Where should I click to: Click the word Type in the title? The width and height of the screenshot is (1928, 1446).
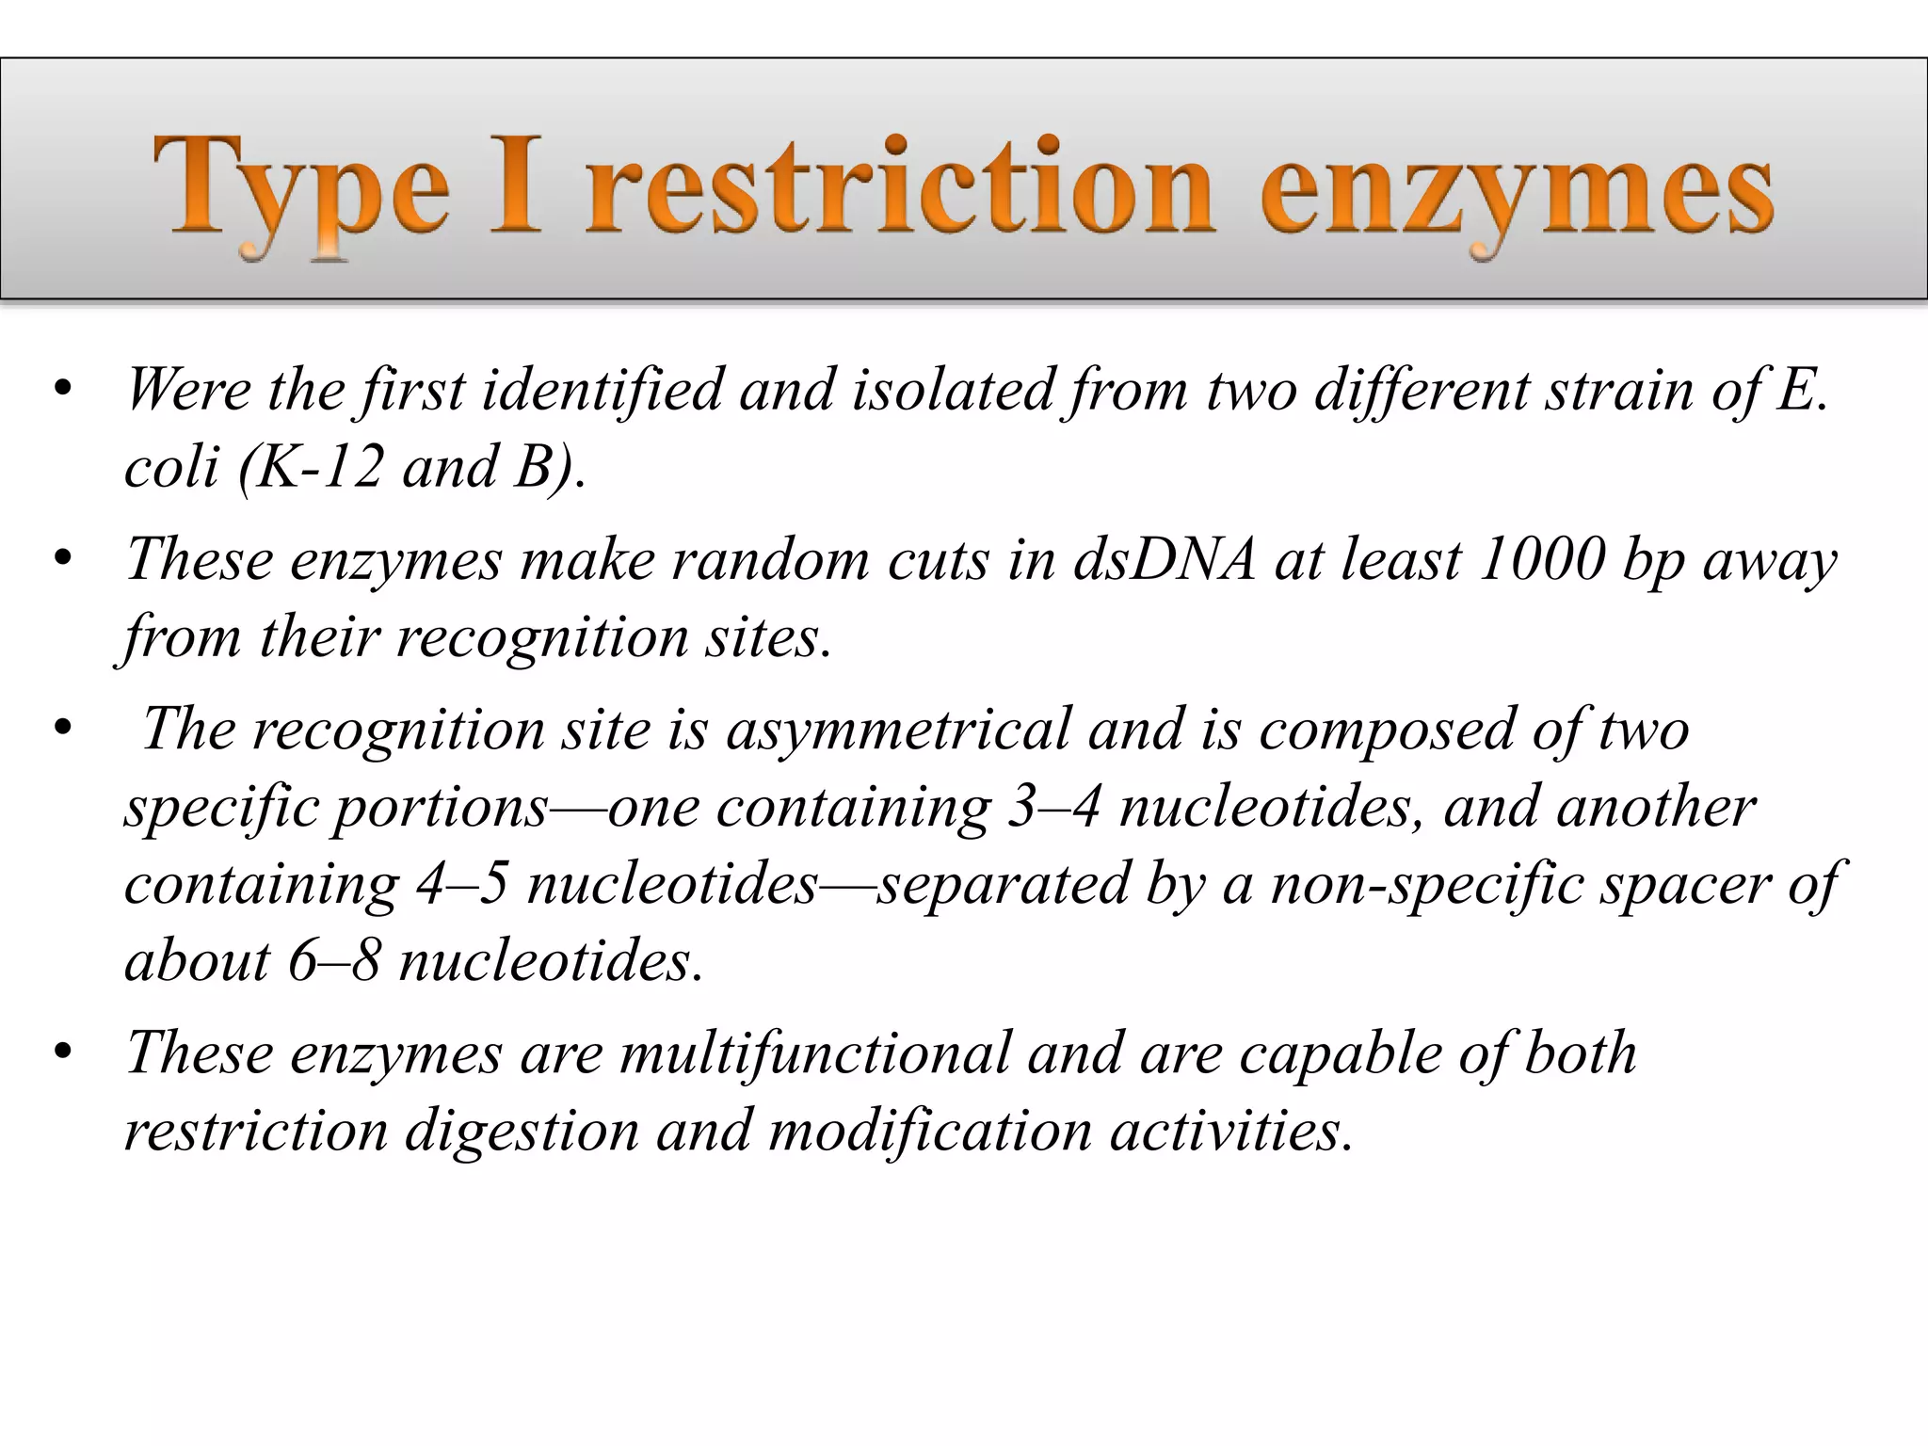301,188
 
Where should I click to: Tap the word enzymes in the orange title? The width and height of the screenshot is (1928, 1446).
1517,188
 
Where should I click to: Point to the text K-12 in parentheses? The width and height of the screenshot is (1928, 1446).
320,466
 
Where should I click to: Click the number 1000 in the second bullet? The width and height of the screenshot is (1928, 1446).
1541,559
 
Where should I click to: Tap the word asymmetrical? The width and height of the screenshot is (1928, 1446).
898,730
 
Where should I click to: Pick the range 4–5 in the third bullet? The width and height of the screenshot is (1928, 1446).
462,884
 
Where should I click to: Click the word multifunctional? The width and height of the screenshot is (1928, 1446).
815,1052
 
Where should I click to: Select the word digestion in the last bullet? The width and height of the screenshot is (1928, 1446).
522,1130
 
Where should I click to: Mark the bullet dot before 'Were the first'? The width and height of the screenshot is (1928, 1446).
63,390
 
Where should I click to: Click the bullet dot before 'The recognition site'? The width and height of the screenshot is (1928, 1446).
63,731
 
